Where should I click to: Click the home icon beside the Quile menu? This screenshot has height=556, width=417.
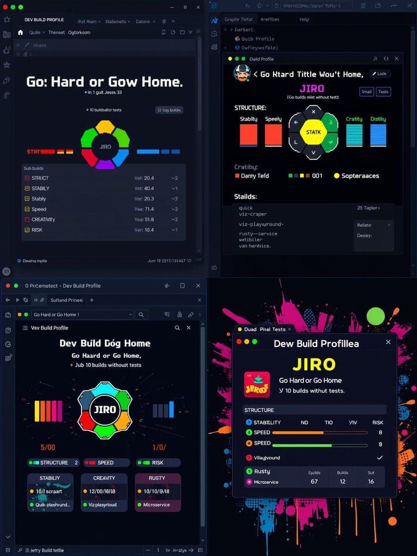coord(21,33)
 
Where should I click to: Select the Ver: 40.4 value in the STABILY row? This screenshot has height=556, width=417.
coord(144,188)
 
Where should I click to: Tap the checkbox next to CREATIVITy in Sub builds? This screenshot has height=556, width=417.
coord(27,219)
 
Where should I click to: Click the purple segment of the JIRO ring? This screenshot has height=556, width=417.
coord(105,163)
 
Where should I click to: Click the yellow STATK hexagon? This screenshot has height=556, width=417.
coord(313,132)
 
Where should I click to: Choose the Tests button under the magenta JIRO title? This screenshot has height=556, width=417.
coord(383,92)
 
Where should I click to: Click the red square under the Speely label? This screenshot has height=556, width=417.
coord(273,135)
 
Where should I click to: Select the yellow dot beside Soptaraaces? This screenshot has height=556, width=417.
coord(337,176)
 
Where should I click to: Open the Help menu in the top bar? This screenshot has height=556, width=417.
coord(304,19)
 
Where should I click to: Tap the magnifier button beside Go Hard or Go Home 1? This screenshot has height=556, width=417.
coord(141,314)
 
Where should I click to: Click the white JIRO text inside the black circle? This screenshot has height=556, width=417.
coord(105,409)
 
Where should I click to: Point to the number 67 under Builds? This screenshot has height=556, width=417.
coord(314,482)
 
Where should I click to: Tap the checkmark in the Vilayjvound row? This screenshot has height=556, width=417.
coord(380,458)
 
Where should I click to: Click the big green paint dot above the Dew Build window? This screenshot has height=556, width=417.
coord(376,315)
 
